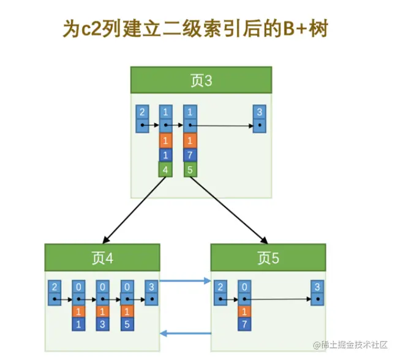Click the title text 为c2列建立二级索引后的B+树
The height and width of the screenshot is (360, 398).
[198, 29]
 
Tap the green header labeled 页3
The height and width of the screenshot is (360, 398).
[201, 81]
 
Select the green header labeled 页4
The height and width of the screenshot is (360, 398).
[102, 258]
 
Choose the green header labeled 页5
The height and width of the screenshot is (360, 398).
[268, 258]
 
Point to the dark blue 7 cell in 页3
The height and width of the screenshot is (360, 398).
[190, 156]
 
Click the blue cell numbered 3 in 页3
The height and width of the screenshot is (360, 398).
[260, 112]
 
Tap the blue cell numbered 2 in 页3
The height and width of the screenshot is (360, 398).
[142, 112]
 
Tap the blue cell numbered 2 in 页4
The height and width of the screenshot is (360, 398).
[54, 287]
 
